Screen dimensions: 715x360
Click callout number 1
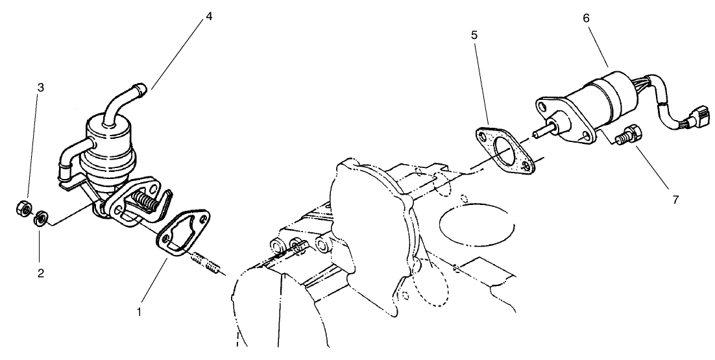click(x=139, y=312)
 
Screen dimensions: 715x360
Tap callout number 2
click(x=41, y=273)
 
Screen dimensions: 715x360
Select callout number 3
click(x=41, y=88)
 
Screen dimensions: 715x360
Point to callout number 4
click(x=209, y=16)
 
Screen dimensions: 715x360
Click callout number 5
click(x=474, y=35)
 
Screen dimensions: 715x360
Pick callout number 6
click(x=586, y=18)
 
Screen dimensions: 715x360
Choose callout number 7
click(x=675, y=199)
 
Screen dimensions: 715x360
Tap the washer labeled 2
click(x=41, y=219)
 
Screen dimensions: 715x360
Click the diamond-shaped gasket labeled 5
click(x=504, y=153)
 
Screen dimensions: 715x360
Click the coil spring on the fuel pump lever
click(x=146, y=201)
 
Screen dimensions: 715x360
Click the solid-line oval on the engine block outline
click(x=477, y=226)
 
